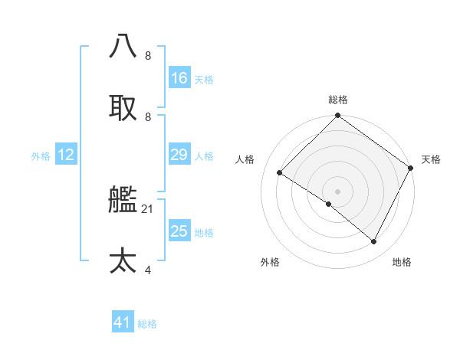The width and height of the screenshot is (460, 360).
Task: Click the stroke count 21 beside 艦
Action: click(x=148, y=208)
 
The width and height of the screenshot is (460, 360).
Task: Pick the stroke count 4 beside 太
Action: click(x=148, y=269)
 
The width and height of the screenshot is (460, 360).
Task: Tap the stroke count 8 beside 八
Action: click(x=148, y=55)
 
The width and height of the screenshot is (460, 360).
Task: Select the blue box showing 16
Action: click(x=179, y=78)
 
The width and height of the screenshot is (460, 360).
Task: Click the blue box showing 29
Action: click(x=179, y=155)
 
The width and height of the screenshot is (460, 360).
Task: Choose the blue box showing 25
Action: click(x=179, y=231)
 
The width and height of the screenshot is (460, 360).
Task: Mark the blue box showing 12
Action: click(x=66, y=155)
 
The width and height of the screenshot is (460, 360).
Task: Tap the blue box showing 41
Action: click(x=123, y=323)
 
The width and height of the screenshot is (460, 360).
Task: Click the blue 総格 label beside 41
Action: click(x=147, y=324)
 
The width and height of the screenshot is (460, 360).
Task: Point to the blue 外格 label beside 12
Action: click(x=41, y=156)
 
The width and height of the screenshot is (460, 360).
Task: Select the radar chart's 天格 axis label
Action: click(x=431, y=159)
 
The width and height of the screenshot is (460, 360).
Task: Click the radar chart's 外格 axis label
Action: click(x=270, y=262)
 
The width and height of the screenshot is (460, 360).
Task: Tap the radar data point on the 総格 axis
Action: click(x=337, y=116)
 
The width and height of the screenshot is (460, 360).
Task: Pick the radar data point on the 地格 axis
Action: click(x=374, y=242)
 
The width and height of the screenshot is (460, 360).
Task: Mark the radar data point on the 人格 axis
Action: click(x=280, y=173)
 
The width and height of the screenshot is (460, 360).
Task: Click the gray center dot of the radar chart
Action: click(x=337, y=191)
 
